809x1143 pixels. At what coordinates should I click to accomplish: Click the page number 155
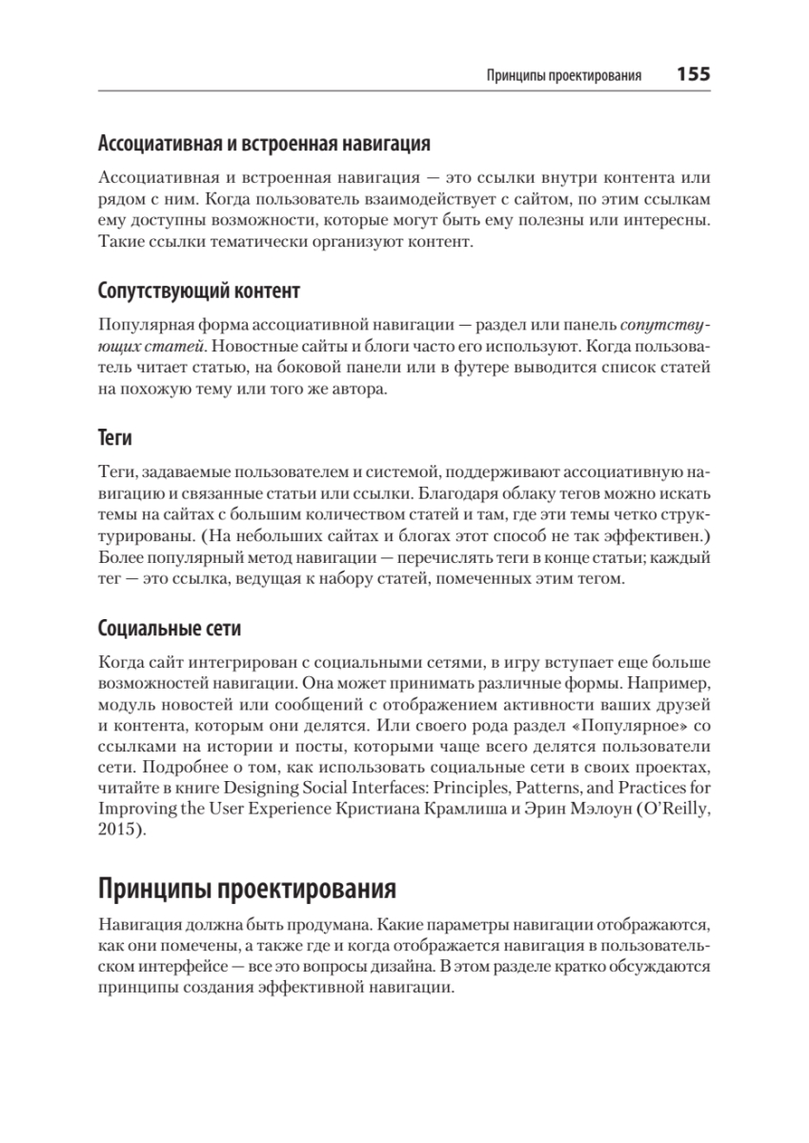tap(693, 74)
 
